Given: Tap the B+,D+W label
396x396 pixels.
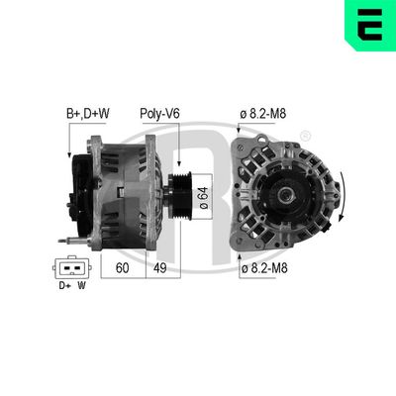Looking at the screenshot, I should [x=88, y=115].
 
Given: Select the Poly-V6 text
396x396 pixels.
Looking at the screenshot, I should [x=159, y=115].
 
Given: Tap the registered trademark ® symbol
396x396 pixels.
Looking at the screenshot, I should [x=305, y=135].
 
